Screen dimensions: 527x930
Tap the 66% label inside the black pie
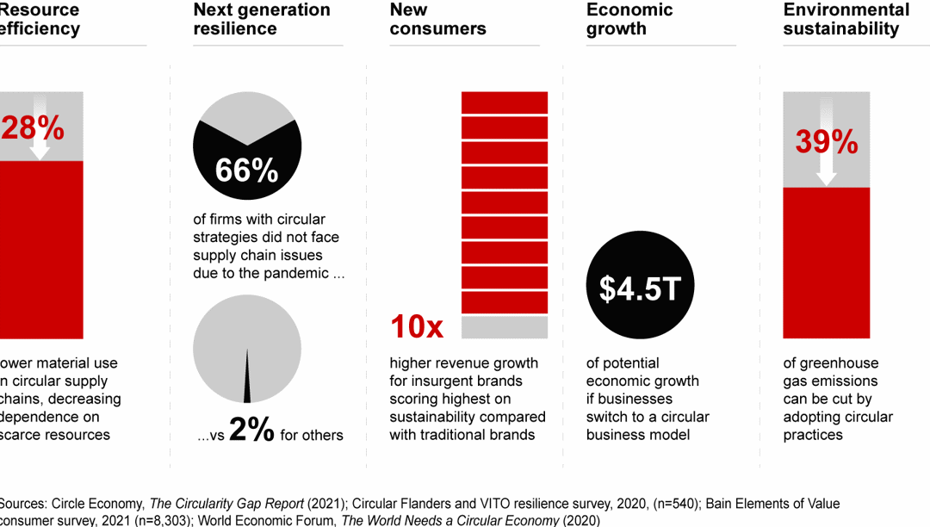tap(247, 170)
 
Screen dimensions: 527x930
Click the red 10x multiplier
tap(417, 327)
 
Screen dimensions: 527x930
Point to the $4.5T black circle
tap(640, 288)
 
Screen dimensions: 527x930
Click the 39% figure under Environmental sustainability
tap(826, 142)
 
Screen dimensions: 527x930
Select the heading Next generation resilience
tap(262, 19)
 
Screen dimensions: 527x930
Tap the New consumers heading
tap(437, 19)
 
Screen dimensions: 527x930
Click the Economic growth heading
tap(629, 19)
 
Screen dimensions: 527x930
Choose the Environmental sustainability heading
tap(846, 19)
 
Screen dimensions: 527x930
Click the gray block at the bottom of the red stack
tap(505, 327)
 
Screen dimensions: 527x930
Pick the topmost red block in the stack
tap(505, 102)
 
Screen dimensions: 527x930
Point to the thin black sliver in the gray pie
tap(247, 379)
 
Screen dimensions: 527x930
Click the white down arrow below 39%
tap(826, 172)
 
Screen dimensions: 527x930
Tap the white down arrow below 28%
tap(40, 151)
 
